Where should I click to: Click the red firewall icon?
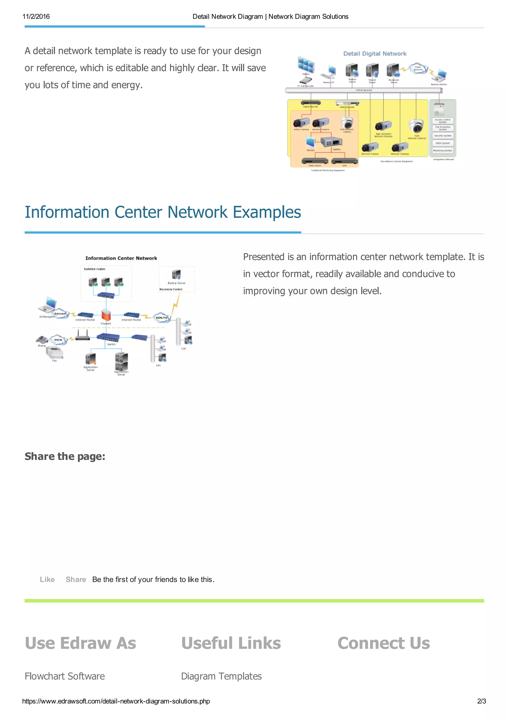click(106, 315)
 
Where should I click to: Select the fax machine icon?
click(55, 352)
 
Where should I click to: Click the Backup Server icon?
click(176, 275)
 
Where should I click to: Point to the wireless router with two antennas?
click(83, 335)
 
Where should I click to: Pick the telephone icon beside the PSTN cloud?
click(42, 340)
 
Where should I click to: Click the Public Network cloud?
click(418, 68)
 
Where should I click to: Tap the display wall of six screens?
click(306, 65)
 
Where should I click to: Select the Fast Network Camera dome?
click(416, 126)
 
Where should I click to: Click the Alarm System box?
click(443, 143)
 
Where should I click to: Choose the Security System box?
click(443, 136)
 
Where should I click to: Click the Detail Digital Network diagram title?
click(375, 54)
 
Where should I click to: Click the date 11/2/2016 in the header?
click(36, 17)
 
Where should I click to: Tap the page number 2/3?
click(481, 701)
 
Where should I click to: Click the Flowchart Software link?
click(65, 676)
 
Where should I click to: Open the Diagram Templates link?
click(221, 676)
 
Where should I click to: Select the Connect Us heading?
click(383, 643)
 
